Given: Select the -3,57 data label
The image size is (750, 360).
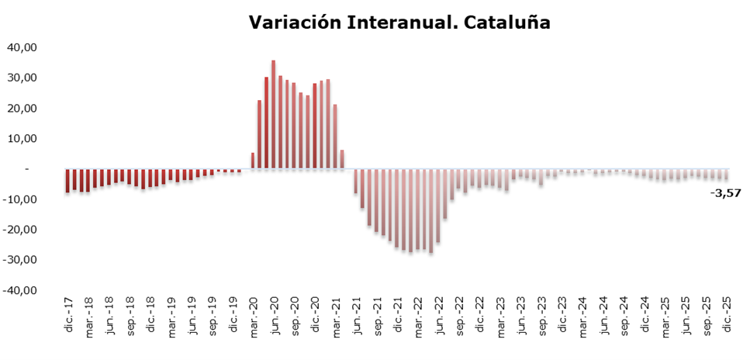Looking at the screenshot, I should coord(725,193).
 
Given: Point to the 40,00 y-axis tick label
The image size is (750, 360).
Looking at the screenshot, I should coord(22,47).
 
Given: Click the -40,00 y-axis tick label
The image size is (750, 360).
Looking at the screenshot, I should coord(21,290).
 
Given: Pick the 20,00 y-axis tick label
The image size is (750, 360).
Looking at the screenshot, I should coord(22,108).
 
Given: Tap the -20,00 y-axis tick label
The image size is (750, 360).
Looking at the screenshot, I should coord(21,230).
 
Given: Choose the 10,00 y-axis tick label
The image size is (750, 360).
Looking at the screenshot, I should coord(22,138).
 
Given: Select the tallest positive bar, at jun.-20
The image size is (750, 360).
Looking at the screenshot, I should coord(273,114).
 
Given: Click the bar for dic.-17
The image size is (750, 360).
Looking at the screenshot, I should coord(67,180).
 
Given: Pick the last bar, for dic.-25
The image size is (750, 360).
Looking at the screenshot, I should coord(725,175).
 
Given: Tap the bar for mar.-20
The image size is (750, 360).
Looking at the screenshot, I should coord(253,161).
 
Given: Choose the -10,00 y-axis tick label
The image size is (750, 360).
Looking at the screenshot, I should coord(21,199).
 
